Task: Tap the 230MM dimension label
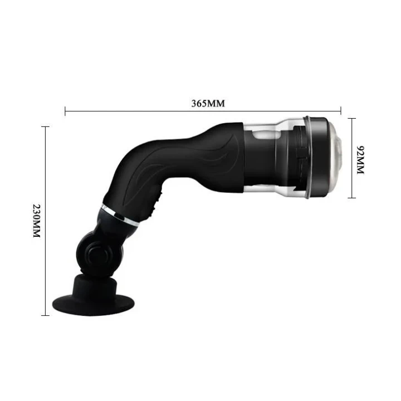tap(36, 220)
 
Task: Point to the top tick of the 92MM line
tap(351, 118)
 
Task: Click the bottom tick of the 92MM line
tap(351, 198)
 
